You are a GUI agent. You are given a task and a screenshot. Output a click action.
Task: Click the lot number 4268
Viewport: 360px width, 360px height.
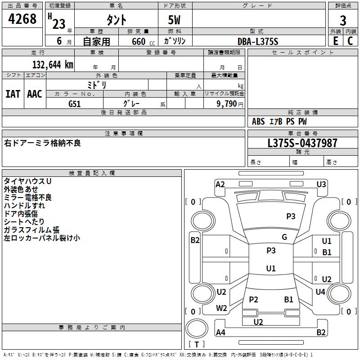coord(22,19)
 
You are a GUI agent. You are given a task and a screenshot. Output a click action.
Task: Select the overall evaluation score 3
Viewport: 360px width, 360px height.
coord(343,20)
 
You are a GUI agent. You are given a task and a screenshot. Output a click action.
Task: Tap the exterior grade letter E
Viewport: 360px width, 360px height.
coord(335,41)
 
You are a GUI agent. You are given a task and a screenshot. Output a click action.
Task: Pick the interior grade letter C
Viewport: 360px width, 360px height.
coord(350,41)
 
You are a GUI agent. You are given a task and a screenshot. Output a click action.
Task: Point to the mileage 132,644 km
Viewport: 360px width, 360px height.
coord(53,64)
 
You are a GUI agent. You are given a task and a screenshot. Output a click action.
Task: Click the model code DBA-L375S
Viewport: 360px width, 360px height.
coord(258,41)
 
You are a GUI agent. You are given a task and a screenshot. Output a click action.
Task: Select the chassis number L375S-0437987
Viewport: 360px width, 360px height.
coord(302,143)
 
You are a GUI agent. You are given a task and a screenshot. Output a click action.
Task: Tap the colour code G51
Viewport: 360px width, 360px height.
coord(75,103)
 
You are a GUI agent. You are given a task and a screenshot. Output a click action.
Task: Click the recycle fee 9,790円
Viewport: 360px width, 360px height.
coord(229,103)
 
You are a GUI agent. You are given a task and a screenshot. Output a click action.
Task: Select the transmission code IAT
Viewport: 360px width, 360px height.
coord(13,94)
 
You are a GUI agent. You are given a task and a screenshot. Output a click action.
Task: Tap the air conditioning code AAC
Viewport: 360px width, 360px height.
coord(35,94)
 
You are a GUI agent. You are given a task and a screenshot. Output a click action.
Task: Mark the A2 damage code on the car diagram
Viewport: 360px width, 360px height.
coord(220,184)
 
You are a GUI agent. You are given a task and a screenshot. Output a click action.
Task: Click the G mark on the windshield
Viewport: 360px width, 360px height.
coord(284,237)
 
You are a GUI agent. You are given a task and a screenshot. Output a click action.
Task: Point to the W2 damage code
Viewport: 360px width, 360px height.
coord(221,308)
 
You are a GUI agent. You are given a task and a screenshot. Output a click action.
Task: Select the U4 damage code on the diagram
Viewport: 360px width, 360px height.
coord(320,292)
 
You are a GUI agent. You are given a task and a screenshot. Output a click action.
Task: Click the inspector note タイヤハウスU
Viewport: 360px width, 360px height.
coord(27,181)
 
